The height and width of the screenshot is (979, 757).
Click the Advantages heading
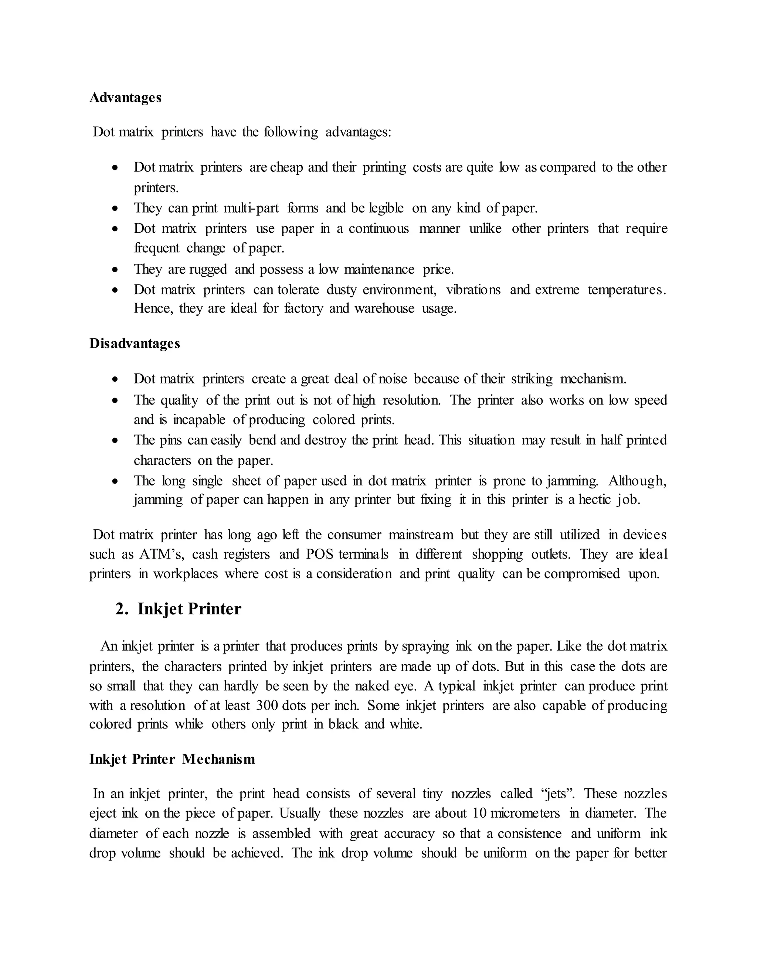tap(125, 98)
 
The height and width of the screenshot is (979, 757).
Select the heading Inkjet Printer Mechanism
tap(172, 759)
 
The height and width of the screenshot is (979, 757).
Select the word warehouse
tap(384, 308)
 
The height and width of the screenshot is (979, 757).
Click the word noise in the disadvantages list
tap(393, 379)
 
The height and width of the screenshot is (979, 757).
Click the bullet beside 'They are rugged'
tap(116, 270)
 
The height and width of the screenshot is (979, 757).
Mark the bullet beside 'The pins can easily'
tap(116, 441)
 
